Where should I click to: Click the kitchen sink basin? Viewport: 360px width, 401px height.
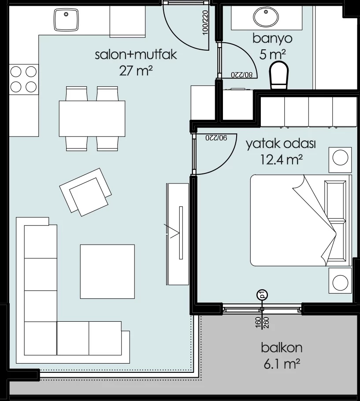tap(66, 20)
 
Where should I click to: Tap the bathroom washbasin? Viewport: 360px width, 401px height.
tap(266, 17)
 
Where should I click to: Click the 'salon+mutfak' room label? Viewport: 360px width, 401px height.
tap(136, 55)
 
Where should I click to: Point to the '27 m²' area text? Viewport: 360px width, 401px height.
tap(136, 70)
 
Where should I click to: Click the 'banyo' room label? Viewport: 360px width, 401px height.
tap(272, 39)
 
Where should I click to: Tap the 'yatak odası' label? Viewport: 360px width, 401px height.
tap(281, 144)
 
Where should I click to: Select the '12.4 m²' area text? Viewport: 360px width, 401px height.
tap(281, 160)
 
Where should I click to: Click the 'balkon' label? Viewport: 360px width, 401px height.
tap(282, 348)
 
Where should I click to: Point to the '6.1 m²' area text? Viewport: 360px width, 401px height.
tap(282, 364)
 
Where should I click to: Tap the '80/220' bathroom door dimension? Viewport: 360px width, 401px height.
tap(242, 75)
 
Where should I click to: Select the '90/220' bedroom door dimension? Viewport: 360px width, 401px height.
tap(216, 138)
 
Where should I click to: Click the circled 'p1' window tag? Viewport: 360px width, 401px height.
tap(262, 295)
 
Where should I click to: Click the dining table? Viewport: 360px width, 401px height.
tap(92, 118)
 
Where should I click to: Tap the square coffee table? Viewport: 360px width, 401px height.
tap(107, 272)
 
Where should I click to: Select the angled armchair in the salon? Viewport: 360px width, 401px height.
tap(85, 192)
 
